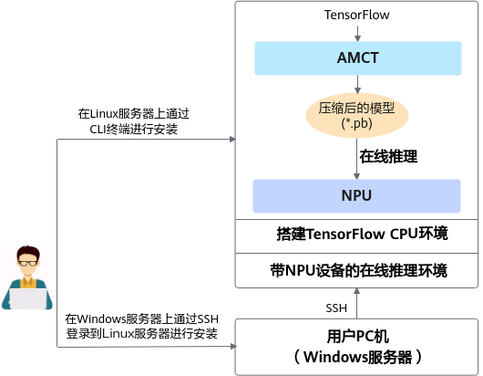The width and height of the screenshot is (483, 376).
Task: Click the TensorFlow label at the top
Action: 356,15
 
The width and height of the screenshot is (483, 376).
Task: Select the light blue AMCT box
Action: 358,58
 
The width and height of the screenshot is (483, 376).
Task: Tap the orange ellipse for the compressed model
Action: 357,115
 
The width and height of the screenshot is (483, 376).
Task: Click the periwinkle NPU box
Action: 356,196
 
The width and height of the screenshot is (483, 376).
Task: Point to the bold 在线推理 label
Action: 388,156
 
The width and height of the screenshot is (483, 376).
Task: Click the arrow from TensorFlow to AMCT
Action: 357,34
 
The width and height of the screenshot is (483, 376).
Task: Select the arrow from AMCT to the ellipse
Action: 357,84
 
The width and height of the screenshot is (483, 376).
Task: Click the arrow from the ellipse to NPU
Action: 356,159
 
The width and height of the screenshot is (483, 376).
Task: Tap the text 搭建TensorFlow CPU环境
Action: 362,234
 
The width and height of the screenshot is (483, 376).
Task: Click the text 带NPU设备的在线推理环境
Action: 358,270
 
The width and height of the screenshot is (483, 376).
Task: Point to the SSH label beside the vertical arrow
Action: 336,308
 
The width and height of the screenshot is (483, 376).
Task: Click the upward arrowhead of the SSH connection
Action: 356,291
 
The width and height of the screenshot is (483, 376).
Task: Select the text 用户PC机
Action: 357,337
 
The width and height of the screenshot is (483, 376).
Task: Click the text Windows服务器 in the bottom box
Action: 358,357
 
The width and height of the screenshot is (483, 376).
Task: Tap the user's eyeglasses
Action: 28,263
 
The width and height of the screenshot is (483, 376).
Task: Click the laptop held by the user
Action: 28,299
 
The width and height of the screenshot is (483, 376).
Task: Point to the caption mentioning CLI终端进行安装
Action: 133,121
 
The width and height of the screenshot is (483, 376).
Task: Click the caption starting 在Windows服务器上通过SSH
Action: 141,326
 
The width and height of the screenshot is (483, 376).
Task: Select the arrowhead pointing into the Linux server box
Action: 233,139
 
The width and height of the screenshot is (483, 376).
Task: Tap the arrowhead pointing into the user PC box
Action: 233,347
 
